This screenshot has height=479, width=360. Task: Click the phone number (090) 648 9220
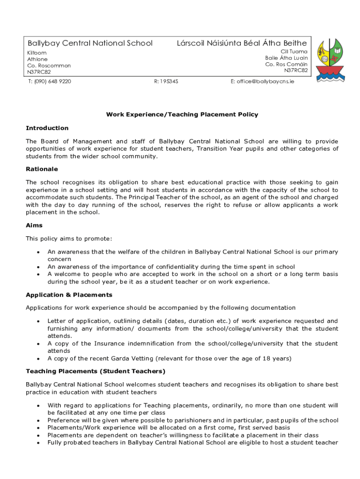(49, 81)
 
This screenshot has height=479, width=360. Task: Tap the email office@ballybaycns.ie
(262, 81)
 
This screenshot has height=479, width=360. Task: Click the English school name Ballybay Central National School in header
(90, 44)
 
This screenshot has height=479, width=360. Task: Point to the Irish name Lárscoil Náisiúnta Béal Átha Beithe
(242, 44)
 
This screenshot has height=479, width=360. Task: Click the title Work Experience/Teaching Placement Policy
(182, 115)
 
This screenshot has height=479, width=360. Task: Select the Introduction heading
(47, 128)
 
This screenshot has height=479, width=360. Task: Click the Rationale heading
(42, 169)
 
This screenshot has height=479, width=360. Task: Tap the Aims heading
(34, 225)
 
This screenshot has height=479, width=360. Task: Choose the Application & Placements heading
(69, 295)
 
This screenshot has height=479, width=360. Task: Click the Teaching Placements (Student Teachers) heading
(95, 371)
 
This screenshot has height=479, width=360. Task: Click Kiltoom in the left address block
(37, 53)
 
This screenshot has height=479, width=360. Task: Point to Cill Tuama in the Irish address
(294, 51)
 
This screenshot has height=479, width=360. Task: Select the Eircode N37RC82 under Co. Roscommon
(39, 72)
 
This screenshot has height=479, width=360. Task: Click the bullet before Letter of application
(37, 321)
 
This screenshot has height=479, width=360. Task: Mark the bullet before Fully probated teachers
(37, 443)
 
